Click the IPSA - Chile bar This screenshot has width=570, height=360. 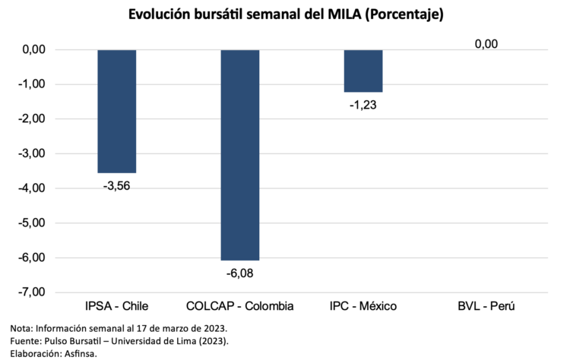[117, 111]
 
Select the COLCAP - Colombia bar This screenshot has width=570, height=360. [240, 155]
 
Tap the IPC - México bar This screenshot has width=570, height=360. [363, 71]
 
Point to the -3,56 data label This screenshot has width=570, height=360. [117, 185]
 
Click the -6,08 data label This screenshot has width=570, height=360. [240, 272]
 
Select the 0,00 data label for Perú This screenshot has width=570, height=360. [486, 44]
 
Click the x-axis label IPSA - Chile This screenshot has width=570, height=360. [117, 307]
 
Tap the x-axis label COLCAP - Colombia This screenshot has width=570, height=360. [240, 307]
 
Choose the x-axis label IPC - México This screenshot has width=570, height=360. [363, 307]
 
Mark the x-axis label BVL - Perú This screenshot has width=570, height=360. [486, 307]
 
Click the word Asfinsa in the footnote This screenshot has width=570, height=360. [78, 353]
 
